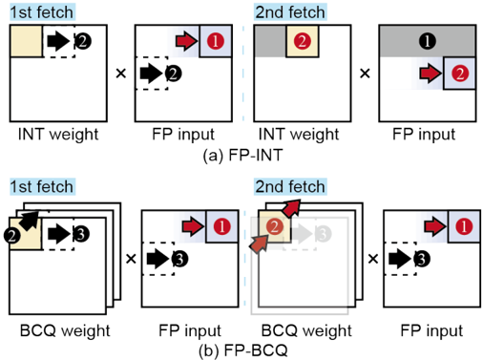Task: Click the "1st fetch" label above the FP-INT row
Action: click(42, 12)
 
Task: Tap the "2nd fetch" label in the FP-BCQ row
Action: click(290, 186)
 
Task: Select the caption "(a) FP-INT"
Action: click(242, 156)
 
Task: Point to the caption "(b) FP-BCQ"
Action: click(243, 350)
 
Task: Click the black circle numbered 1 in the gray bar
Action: click(428, 41)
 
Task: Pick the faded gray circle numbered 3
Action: click(324, 234)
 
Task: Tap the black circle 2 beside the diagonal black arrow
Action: click(12, 236)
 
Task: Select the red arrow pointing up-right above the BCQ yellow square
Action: click(291, 208)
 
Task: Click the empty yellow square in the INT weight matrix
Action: click(27, 41)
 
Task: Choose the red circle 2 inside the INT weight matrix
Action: click(303, 41)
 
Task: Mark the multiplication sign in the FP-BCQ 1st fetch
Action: click(131, 259)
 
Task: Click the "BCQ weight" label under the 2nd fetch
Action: click(306, 330)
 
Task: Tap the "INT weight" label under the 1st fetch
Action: click(58, 134)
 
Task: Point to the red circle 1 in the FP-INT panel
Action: click(216, 41)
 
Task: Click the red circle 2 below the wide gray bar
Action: click(460, 74)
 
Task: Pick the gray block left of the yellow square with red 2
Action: click(270, 41)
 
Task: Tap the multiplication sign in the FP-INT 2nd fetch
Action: click(365, 74)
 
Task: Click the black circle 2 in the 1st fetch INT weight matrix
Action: click(83, 41)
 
